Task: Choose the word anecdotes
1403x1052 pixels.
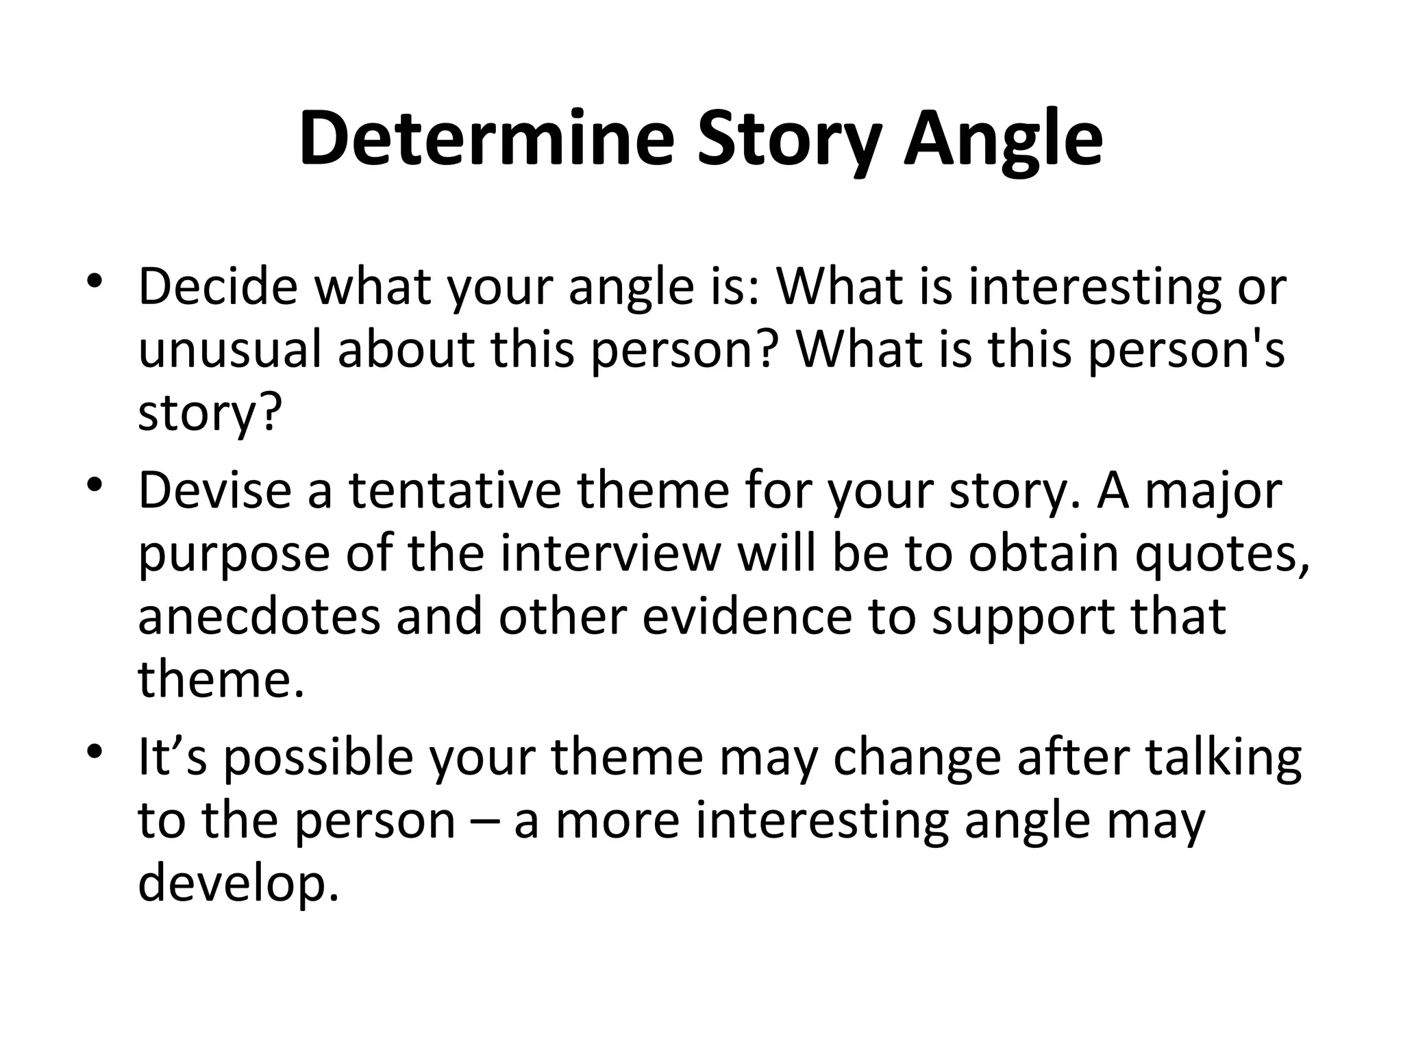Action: pyautogui.click(x=259, y=616)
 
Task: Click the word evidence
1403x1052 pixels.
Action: pyautogui.click(x=747, y=616)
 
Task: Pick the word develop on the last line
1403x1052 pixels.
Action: pyautogui.click(x=238, y=884)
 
